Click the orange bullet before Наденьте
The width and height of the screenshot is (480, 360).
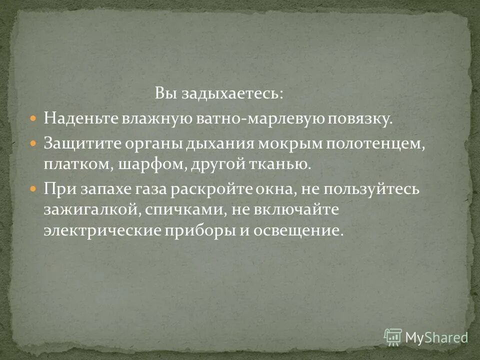click(33, 119)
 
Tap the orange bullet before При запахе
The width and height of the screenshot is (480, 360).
click(33, 190)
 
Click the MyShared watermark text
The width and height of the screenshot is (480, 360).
click(436, 337)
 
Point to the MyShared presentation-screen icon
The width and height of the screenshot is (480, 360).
click(393, 336)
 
